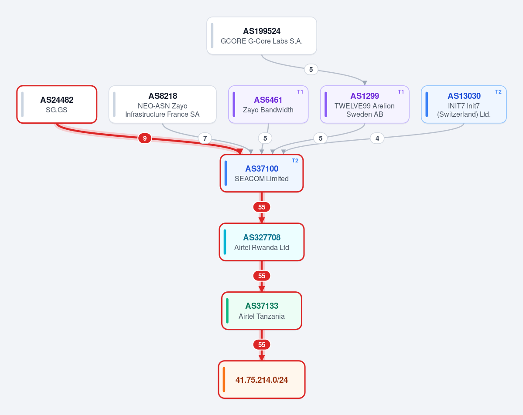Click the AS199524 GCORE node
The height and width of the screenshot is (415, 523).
coord(262,36)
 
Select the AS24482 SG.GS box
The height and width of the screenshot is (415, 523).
coord(57,104)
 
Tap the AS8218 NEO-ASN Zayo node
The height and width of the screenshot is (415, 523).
coord(162,104)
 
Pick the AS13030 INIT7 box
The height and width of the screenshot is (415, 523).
coord(464,104)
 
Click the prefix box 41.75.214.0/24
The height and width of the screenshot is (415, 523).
coord(262,379)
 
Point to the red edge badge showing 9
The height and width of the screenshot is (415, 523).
coord(145,138)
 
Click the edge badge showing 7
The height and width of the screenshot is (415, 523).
coord(205,138)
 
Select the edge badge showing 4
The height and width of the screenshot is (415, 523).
coord(377,138)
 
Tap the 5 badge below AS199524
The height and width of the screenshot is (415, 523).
coord(311,69)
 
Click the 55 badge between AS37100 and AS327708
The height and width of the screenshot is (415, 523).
coord(262,207)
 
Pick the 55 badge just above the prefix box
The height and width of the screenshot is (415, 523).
coord(262,345)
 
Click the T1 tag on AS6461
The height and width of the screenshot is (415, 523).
coord(300,92)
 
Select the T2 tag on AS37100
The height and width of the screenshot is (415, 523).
coord(295,161)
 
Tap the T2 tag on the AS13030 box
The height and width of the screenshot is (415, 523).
coord(498,92)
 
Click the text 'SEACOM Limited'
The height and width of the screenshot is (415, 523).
coord(262,179)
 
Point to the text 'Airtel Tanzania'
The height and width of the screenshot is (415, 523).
coord(262,317)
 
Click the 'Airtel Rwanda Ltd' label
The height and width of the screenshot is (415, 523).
coord(262,247)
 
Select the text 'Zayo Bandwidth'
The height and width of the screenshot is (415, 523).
coord(268,110)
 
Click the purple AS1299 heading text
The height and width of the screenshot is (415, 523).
coord(365,96)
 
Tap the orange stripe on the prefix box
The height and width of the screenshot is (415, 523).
coord(224,379)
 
